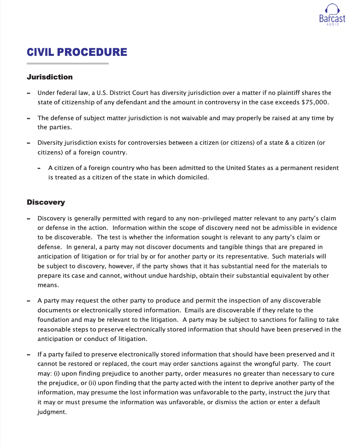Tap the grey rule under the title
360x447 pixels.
pos(68,63)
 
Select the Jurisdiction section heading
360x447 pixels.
pos(50,77)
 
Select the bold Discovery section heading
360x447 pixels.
pos(46,202)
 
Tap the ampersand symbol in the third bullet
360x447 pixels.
pos(287,143)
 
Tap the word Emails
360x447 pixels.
pos(194,310)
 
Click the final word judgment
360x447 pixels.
pos(52,412)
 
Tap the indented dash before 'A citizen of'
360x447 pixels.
pos(39,168)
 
